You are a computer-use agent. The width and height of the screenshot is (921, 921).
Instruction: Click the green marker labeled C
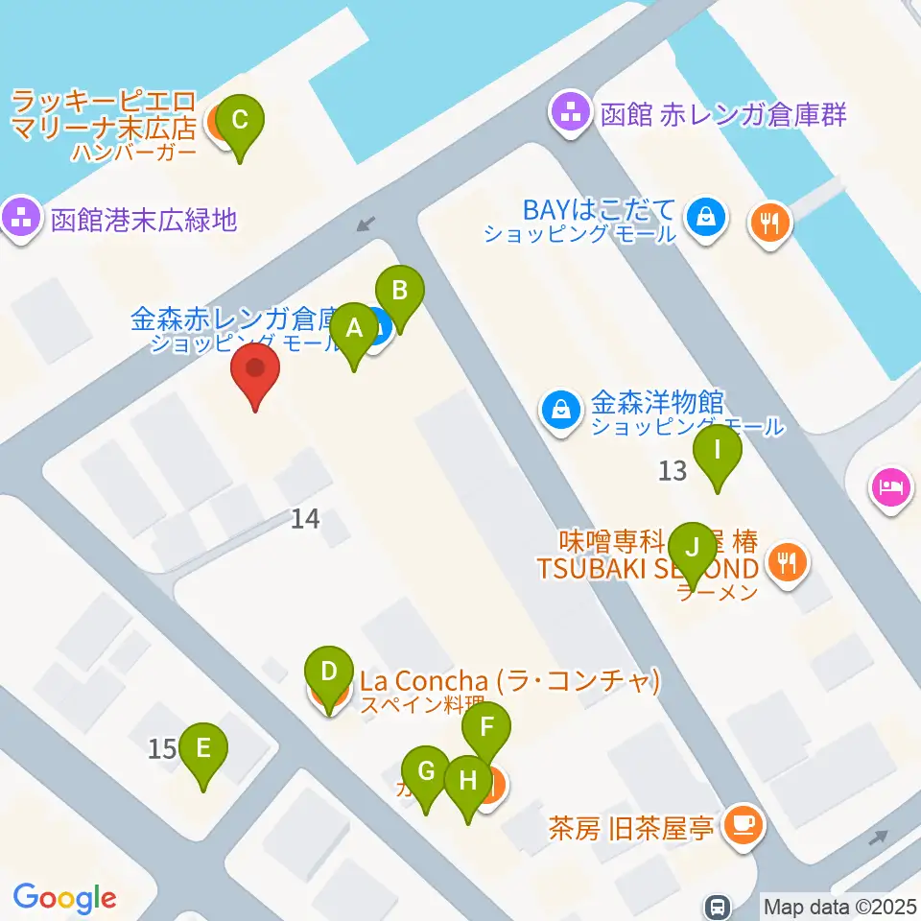[x=240, y=122]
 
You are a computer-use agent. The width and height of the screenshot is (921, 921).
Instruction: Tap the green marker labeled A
[x=354, y=330]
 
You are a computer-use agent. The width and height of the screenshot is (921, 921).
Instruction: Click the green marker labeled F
[x=487, y=728]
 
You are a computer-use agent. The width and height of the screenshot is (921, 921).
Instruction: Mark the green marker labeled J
[x=692, y=551]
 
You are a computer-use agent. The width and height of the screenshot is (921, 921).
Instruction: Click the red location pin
[x=255, y=371]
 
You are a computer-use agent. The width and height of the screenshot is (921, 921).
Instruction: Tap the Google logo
[x=64, y=898]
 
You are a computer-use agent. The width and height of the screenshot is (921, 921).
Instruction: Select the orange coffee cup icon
[x=743, y=823]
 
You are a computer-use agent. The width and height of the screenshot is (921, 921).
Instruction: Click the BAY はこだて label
[x=600, y=210]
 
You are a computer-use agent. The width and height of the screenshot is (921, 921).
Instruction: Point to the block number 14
[x=305, y=519]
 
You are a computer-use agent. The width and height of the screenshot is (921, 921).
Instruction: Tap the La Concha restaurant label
[x=509, y=682]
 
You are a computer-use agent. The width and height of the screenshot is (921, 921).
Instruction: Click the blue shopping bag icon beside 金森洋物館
[x=559, y=410]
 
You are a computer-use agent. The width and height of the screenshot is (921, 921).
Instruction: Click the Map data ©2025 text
[x=839, y=906]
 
